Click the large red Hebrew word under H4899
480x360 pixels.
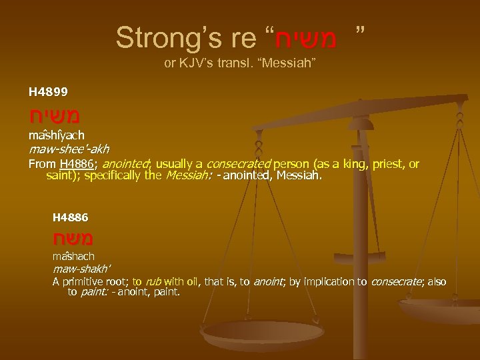point(55,115)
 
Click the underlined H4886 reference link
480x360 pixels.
point(75,164)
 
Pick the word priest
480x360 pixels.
point(393,164)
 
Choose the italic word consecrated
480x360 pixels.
point(239,164)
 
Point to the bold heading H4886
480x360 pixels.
point(71,217)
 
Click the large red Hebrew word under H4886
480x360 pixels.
point(73,238)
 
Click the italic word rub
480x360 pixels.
point(153,282)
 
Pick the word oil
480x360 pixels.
point(195,282)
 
